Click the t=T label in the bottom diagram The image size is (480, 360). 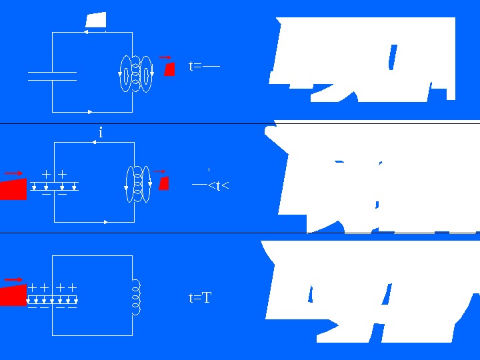(200, 298)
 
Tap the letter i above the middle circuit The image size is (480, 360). (101, 133)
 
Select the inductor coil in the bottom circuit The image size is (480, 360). (137, 297)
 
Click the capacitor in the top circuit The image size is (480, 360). (52, 76)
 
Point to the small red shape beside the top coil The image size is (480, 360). (169, 69)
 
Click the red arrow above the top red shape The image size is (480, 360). (165, 57)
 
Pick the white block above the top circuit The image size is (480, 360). (96, 20)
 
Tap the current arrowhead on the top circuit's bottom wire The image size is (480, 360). (90, 111)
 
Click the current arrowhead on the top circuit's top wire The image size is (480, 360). (86, 32)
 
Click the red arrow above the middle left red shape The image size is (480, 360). (14, 173)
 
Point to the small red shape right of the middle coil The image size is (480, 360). (164, 183)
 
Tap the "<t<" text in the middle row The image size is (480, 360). (219, 185)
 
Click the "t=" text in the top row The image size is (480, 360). (195, 66)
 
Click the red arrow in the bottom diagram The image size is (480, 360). (13, 279)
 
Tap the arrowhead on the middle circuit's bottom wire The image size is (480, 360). (106, 221)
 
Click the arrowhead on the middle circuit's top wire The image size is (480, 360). (95, 143)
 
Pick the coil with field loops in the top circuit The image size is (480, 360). (136, 73)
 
